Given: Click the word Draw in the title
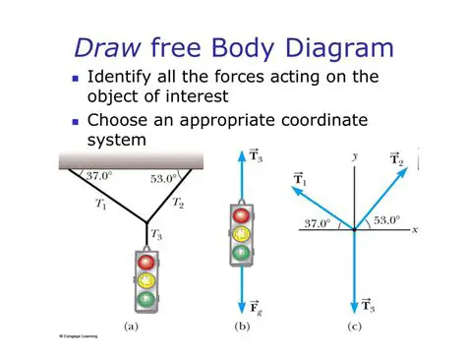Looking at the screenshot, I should click(x=105, y=46).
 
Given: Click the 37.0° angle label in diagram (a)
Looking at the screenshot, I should click(x=99, y=176).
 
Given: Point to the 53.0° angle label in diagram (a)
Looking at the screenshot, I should click(x=163, y=178).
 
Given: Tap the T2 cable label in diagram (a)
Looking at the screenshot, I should click(x=178, y=204).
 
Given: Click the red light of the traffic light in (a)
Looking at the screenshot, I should click(x=148, y=263).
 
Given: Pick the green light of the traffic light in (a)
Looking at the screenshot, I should click(x=148, y=298).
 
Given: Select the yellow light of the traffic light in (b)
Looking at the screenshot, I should click(x=238, y=233).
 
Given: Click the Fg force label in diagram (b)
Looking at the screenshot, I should click(x=255, y=307).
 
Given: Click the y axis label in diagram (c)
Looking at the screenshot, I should click(x=354, y=154).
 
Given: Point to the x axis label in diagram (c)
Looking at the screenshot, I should click(x=417, y=229).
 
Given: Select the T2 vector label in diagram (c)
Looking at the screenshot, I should click(x=395, y=159).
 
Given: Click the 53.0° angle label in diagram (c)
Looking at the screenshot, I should click(x=385, y=219).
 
